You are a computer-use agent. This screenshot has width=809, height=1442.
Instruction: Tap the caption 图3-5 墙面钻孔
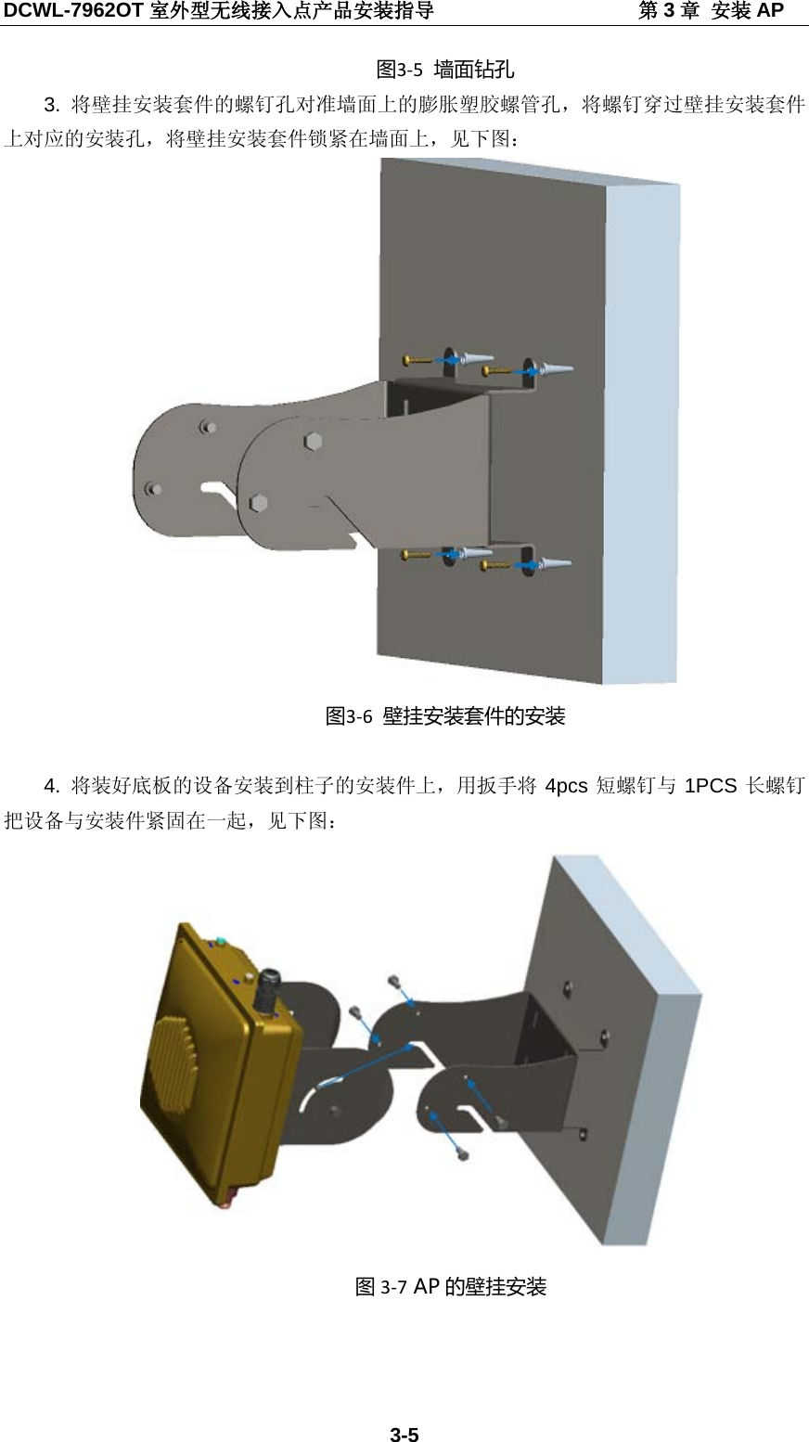pyautogui.click(x=444, y=70)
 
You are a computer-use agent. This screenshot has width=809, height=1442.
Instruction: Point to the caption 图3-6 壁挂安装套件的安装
pyautogui.click(x=444, y=715)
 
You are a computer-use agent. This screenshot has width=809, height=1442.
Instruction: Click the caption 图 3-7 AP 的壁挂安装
pyautogui.click(x=451, y=1286)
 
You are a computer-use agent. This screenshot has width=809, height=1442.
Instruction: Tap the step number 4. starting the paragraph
pyautogui.click(x=53, y=787)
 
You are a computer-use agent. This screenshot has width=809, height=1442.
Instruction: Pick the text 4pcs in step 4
pyautogui.click(x=566, y=787)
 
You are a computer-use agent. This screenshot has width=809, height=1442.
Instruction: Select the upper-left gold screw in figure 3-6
pyautogui.click(x=417, y=359)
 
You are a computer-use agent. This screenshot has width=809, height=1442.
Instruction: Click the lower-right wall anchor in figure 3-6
pyautogui.click(x=556, y=563)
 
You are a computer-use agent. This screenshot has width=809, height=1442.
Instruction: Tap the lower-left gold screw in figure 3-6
pyautogui.click(x=416, y=555)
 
